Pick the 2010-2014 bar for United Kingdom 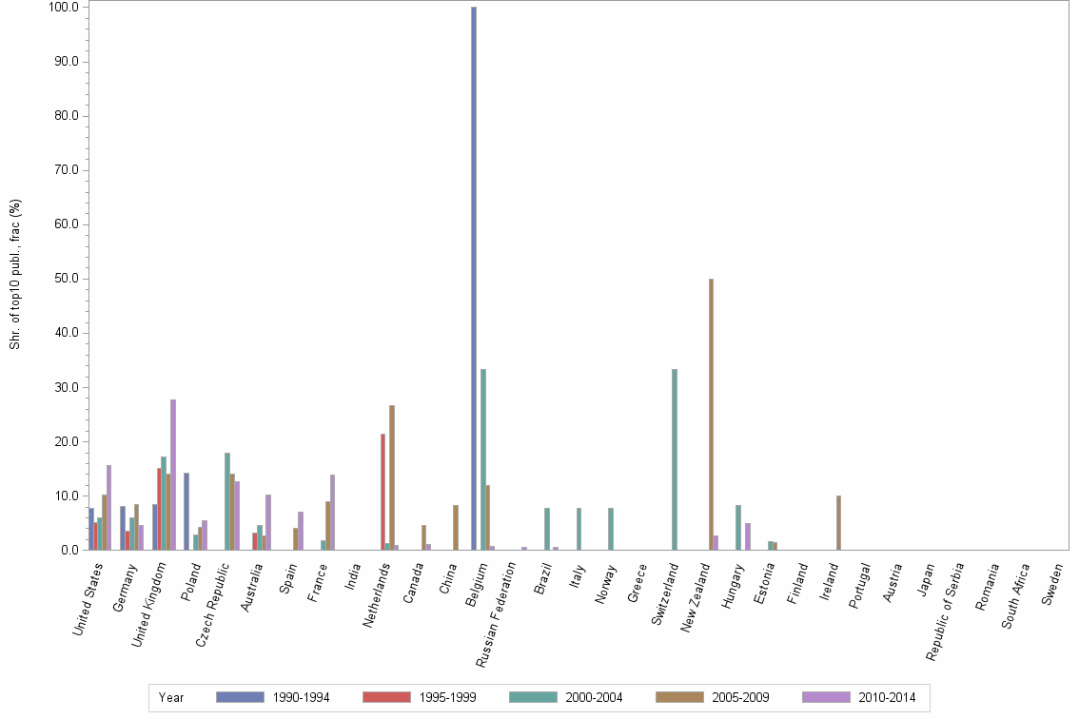coord(173,475)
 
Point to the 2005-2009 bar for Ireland coord(838,522)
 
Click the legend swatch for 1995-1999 coord(386,697)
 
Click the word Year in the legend coord(171,697)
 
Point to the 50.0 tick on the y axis coord(67,279)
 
